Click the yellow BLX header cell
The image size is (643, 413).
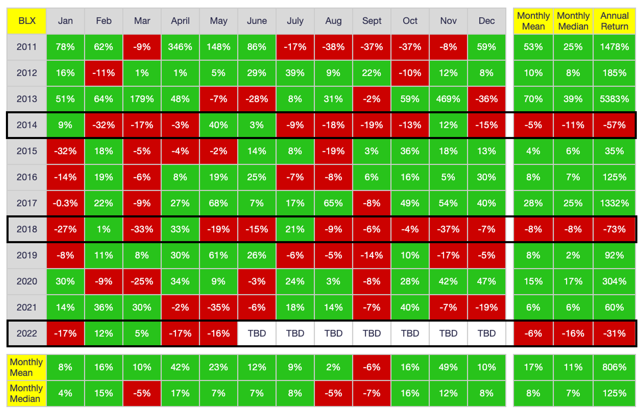pos(27,21)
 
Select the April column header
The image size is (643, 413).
pos(180,21)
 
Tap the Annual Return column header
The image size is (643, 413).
pos(614,21)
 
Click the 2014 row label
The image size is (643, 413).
pos(27,125)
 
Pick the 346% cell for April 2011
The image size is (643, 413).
pos(180,47)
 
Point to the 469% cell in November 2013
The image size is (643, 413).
pos(448,99)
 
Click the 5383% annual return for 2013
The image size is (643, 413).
pos(614,99)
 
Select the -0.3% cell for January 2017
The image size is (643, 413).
pos(65,203)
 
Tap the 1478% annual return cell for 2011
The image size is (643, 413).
pos(614,47)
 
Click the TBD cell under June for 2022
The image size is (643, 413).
pos(257,333)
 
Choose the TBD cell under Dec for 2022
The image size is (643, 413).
pos(487,333)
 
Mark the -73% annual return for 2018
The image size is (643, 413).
pos(614,229)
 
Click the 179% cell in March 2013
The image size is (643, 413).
pos(142,99)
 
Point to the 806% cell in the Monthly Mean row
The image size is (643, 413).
pos(614,367)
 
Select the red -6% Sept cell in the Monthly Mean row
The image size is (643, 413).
pos(371,367)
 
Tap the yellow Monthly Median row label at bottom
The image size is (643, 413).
pos(27,393)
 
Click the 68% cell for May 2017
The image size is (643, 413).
pos(219,203)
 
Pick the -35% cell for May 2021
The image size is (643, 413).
pos(219,307)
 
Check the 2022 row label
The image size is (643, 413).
pos(27,333)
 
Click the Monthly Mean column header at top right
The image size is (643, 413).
pos(533,21)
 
